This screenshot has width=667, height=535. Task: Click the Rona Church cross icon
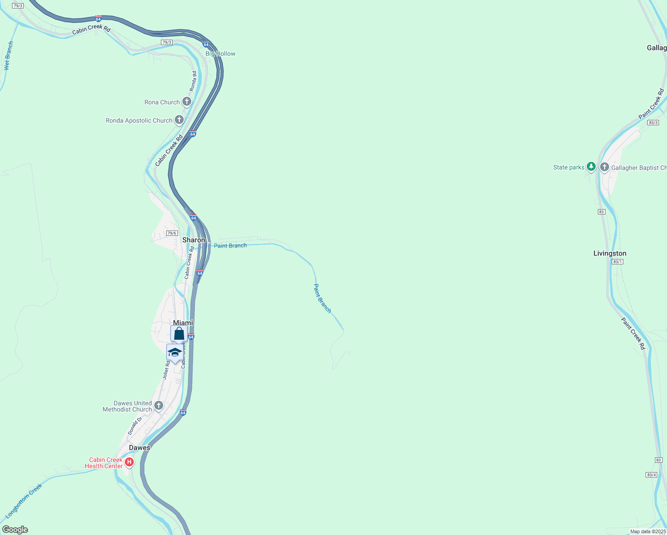click(x=187, y=102)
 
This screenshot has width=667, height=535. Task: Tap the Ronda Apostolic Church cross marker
click(x=179, y=120)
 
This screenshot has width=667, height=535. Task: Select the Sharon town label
click(x=194, y=240)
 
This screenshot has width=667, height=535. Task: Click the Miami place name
click(x=183, y=323)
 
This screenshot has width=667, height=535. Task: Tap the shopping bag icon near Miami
click(x=179, y=333)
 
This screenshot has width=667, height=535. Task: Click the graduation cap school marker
click(x=175, y=353)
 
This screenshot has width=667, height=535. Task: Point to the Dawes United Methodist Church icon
click(x=159, y=406)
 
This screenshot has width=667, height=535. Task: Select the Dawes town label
click(x=140, y=448)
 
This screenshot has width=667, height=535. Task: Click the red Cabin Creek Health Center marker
click(x=129, y=462)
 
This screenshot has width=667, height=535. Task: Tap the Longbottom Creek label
click(x=23, y=502)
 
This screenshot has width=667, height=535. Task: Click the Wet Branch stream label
click(x=8, y=56)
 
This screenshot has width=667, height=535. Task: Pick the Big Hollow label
click(x=220, y=53)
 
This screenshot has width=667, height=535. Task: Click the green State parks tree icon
click(x=591, y=167)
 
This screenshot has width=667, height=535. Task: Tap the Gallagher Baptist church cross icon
click(x=605, y=167)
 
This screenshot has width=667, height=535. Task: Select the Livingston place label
click(x=609, y=253)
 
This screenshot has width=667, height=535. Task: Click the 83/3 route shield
click(x=653, y=123)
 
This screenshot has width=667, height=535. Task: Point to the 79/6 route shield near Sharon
click(x=172, y=233)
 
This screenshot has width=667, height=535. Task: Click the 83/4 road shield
click(x=651, y=475)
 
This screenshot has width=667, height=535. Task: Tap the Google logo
click(x=15, y=530)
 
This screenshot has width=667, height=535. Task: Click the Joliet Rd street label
click(x=166, y=370)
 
